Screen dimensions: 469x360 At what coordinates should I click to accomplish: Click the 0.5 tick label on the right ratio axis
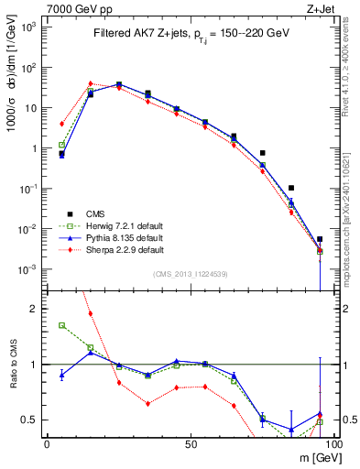pyautogui.click(x=345, y=420)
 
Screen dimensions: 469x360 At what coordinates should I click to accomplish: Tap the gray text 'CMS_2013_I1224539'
pyautogui.click(x=190, y=273)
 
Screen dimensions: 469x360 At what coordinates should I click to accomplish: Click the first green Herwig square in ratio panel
pyautogui.click(x=61, y=325)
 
